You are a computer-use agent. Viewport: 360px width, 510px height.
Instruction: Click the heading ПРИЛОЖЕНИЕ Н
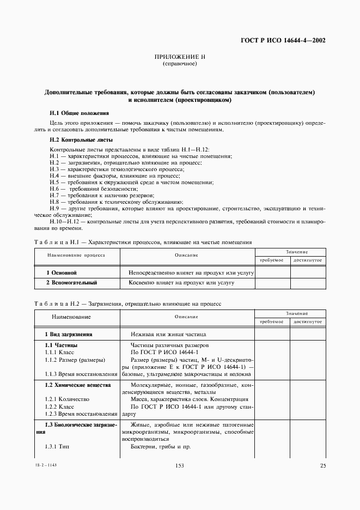179,57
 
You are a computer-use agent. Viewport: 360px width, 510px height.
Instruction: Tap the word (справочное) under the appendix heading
179,64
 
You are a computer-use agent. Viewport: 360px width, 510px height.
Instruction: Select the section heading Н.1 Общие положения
79,113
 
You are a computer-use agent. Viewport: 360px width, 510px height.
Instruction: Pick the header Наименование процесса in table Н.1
76,254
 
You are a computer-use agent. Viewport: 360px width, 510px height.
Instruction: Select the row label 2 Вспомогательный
71,283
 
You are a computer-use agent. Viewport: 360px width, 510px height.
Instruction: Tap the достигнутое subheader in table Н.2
307,322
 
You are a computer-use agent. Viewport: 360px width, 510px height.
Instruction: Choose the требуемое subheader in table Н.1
271,260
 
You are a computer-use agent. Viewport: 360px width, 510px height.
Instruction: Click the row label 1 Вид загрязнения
68,334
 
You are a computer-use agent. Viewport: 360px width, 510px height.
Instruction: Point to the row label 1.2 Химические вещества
77,385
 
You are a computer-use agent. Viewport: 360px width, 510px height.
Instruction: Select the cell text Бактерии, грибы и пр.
160,447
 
